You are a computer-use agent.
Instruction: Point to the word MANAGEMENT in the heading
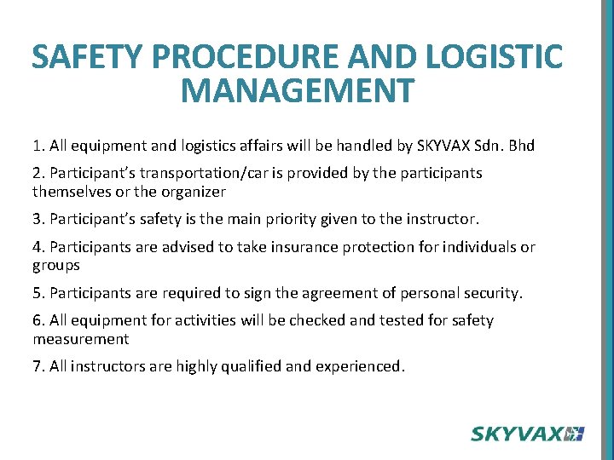point(298,89)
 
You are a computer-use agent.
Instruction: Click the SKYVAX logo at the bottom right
point(527,434)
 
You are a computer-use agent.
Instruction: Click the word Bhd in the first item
point(521,146)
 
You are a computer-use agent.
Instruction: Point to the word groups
point(56,266)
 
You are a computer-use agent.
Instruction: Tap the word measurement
point(81,339)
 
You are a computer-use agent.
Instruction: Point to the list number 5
point(38,293)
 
